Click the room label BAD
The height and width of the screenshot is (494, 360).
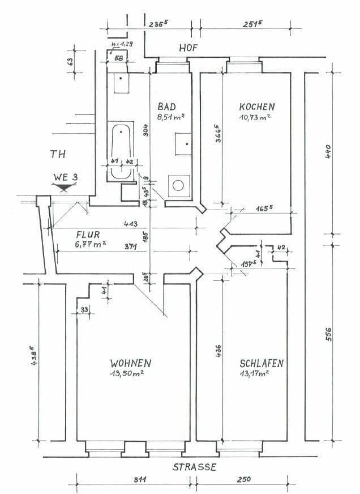[x=167, y=107]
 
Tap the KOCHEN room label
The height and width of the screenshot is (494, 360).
[x=257, y=107]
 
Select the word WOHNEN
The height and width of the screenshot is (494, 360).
[x=131, y=363]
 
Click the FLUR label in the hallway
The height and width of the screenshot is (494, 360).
[x=87, y=233]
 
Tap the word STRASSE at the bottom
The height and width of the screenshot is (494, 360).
[x=195, y=467]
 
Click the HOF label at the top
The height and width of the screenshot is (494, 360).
[x=188, y=48]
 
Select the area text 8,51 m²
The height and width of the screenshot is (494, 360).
[x=172, y=117]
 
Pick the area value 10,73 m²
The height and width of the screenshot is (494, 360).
[x=255, y=117]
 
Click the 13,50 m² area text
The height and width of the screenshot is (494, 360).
[x=127, y=373]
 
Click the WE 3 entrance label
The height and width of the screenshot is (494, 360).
[x=66, y=177]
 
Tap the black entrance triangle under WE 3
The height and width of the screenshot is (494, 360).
[x=66, y=185]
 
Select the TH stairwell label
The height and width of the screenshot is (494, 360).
[x=58, y=154]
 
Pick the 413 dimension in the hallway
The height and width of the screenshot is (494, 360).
[x=131, y=224]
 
